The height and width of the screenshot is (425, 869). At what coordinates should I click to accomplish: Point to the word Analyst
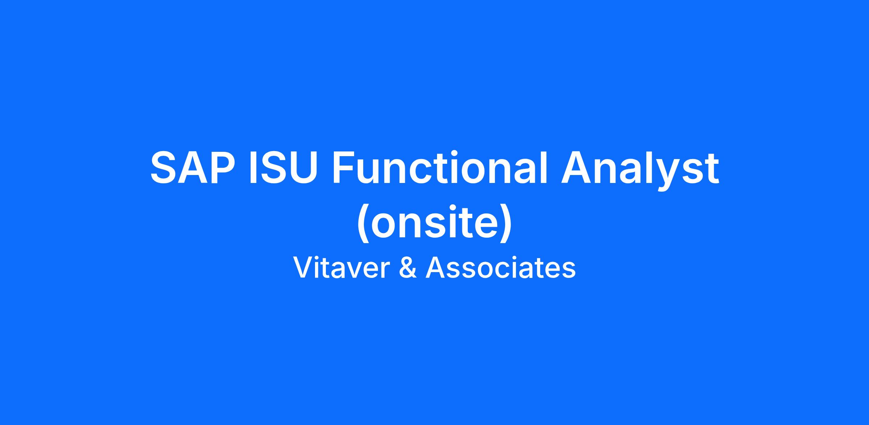[x=640, y=171]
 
